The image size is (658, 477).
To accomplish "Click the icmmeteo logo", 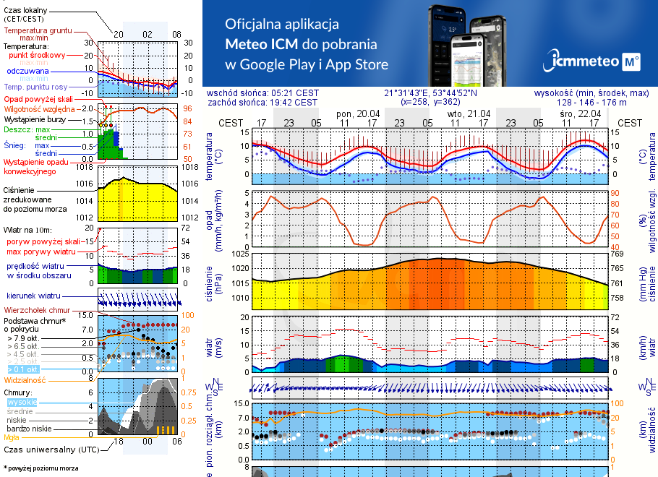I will coord(594,61).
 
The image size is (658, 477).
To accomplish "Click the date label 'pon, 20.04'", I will coord(357,113).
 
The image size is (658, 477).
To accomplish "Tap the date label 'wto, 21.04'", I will coord(469,113).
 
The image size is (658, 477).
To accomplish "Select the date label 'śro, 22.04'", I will coord(580,113).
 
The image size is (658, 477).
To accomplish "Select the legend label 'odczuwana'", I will coord(27,72).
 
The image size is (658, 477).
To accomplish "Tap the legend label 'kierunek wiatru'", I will coord(33,296).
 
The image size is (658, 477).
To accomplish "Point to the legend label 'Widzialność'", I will coord(25,379).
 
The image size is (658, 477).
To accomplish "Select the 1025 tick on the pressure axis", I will coord(240,254).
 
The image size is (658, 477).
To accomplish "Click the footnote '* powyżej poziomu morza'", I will coord(40,468).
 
